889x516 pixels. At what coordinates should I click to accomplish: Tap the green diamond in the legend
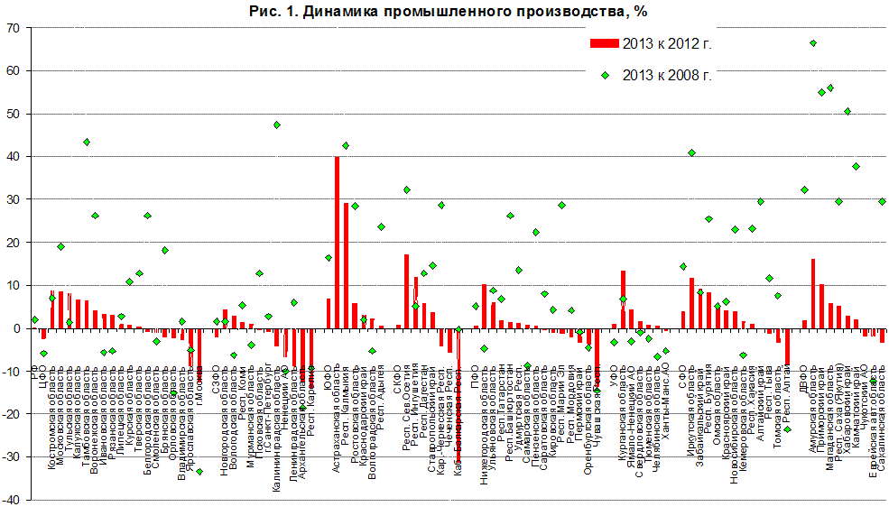606,75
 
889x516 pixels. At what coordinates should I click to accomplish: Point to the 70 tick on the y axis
13,28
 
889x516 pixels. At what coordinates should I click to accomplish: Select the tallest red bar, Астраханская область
338,242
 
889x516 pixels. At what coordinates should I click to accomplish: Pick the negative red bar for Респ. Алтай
787,346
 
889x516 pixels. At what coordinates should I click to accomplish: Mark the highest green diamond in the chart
813,43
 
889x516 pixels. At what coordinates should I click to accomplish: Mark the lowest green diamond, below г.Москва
199,472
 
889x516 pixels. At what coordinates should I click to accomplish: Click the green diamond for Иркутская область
692,153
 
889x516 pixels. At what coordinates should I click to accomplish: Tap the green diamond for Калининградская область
277,124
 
